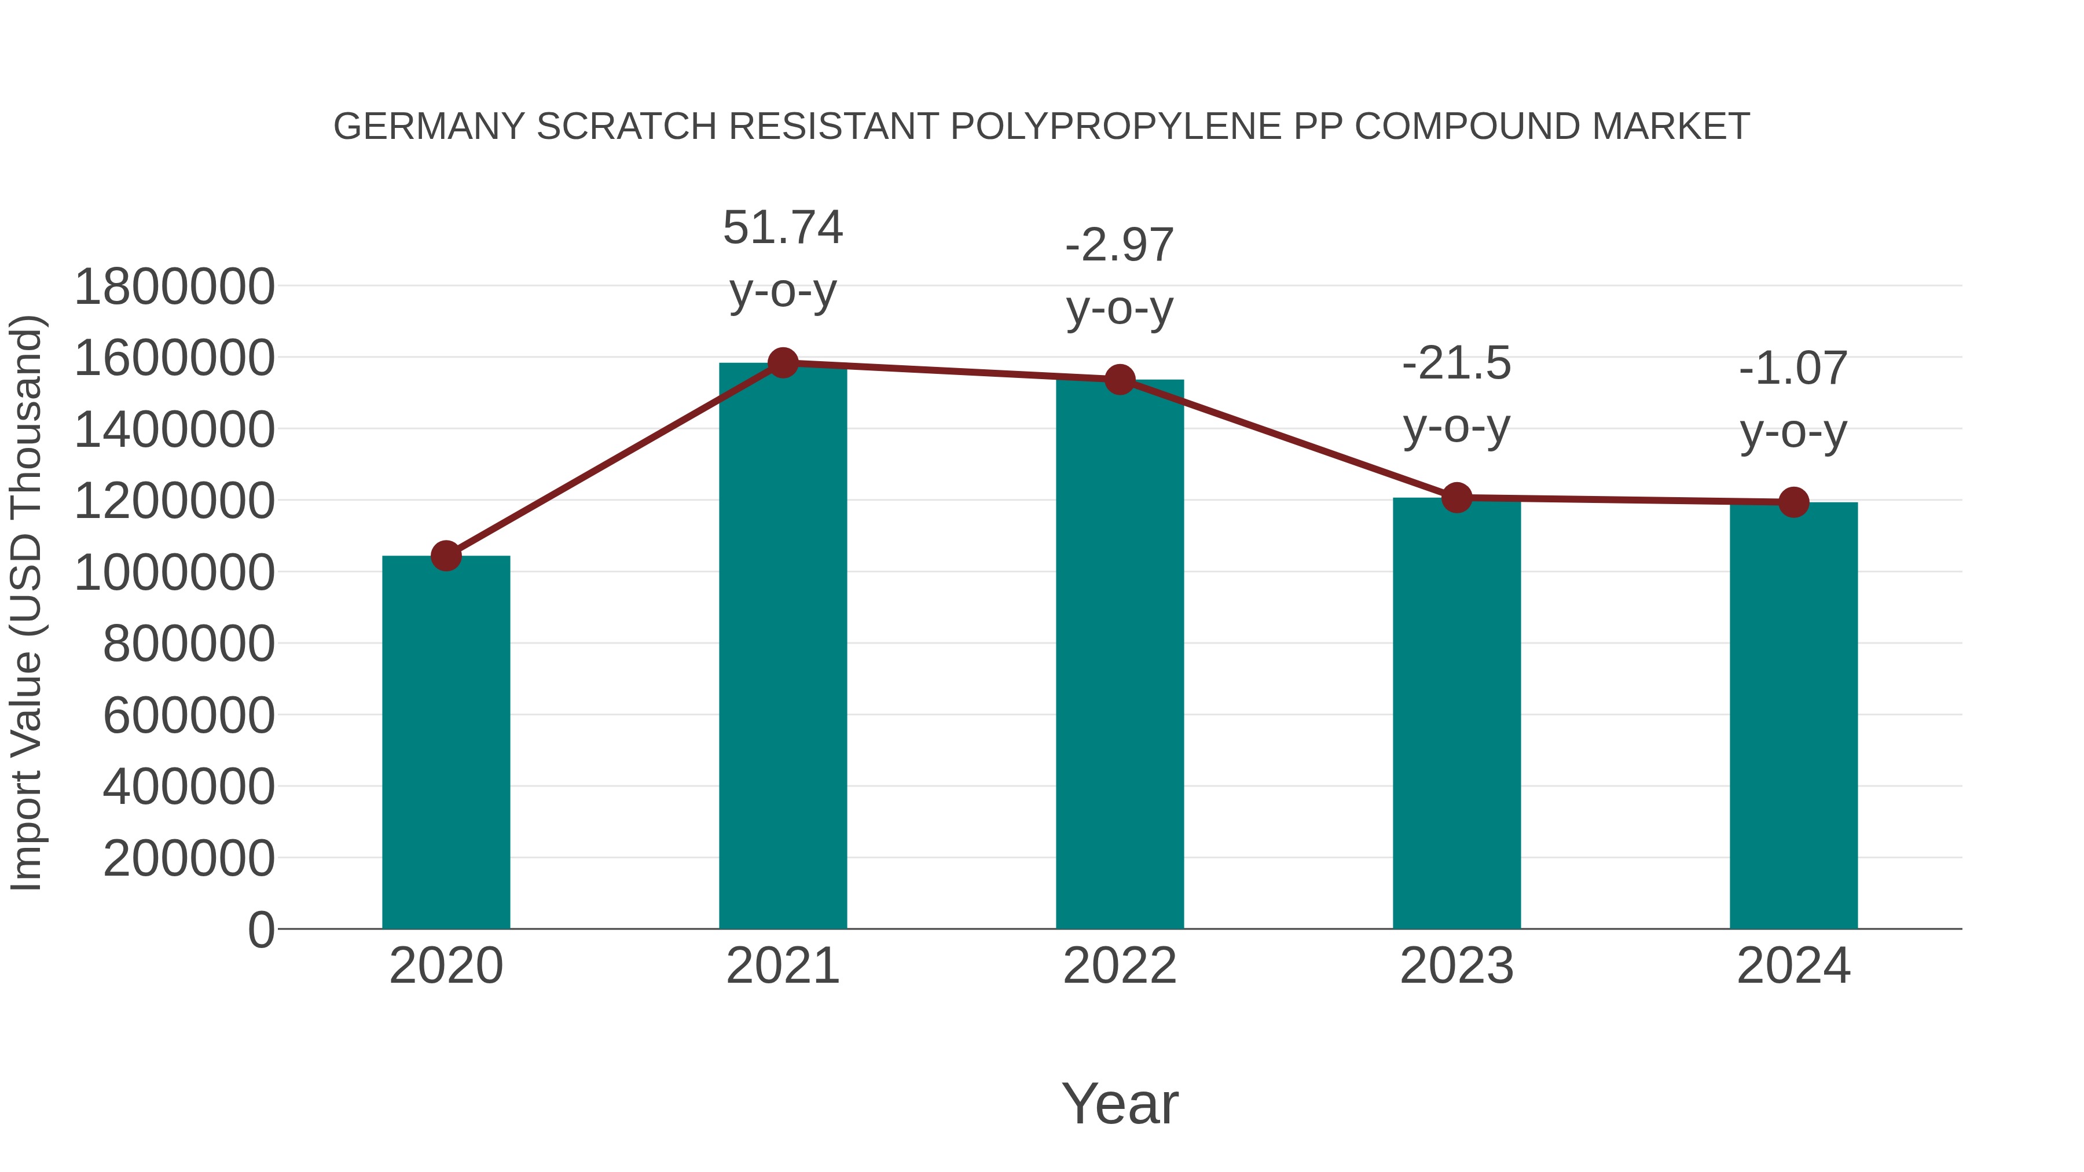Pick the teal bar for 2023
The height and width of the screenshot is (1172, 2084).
(x=1456, y=712)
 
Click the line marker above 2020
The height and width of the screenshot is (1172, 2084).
(x=446, y=556)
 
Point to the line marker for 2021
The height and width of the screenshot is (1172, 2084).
(x=782, y=363)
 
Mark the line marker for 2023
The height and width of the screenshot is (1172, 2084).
(x=1456, y=497)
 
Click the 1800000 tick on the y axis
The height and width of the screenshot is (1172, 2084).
(x=174, y=286)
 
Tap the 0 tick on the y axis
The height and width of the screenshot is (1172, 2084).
(x=261, y=929)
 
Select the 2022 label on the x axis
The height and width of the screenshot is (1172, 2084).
(x=1120, y=966)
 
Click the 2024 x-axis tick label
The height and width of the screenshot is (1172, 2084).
(x=1793, y=966)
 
